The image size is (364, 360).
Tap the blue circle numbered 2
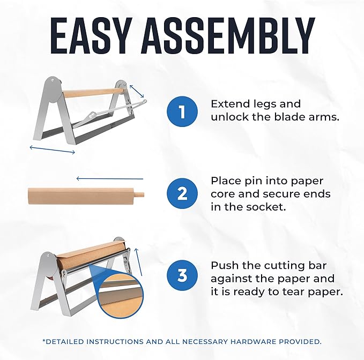click(x=182, y=193)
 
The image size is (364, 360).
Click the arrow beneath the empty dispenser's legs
click(x=52, y=149)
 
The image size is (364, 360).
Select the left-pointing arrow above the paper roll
click(x=109, y=178)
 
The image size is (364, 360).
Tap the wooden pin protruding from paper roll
click(x=138, y=193)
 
